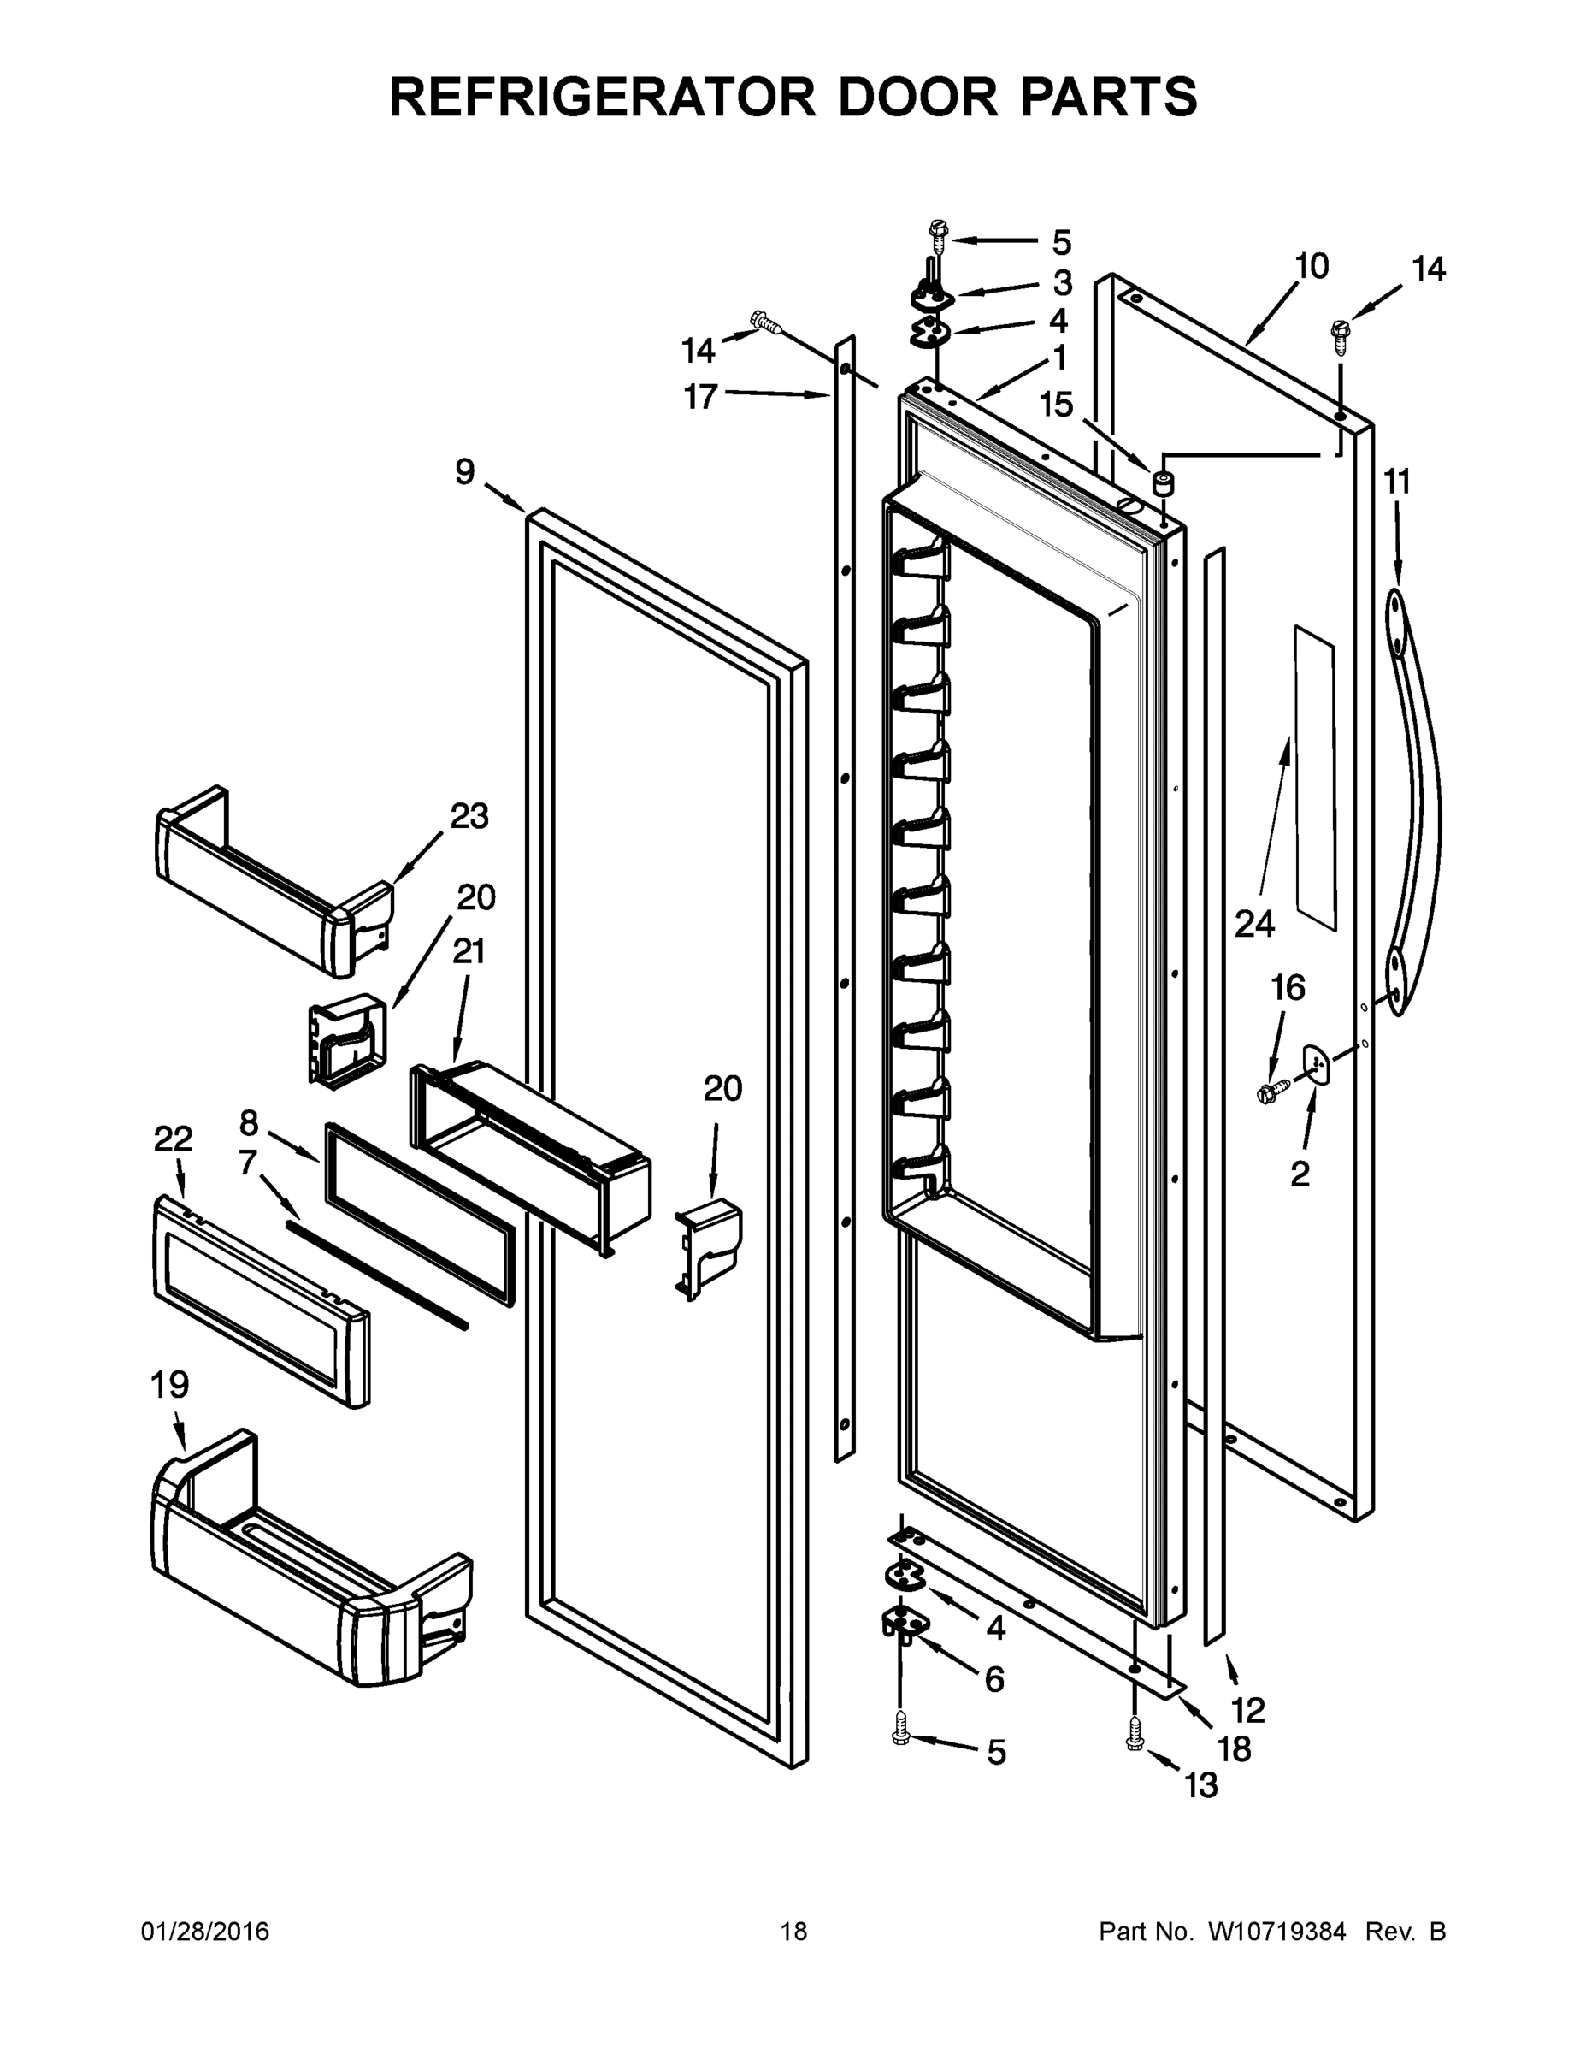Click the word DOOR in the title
(x=918, y=97)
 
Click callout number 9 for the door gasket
(x=465, y=472)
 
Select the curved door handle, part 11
(x=1415, y=799)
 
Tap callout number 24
(x=1253, y=924)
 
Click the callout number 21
(x=469, y=951)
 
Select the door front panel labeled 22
(x=260, y=1302)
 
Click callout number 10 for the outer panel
(x=1311, y=267)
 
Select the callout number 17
(x=700, y=397)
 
